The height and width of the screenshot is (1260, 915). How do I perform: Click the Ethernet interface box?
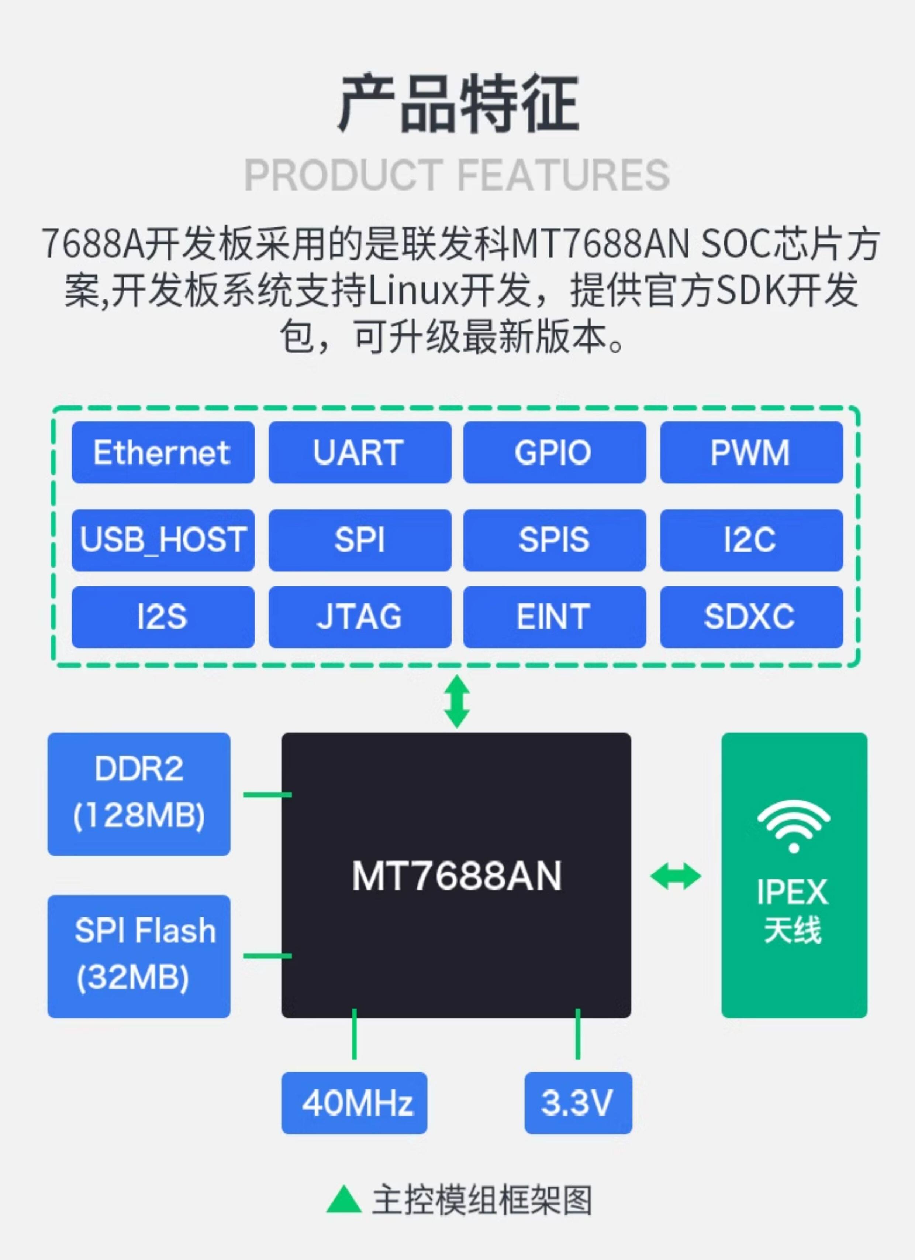(x=163, y=452)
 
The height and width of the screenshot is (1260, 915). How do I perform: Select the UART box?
(x=360, y=452)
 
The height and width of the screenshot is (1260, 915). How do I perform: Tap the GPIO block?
(x=555, y=452)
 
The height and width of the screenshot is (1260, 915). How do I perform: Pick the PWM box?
(x=751, y=452)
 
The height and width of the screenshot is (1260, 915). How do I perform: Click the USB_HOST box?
(x=163, y=540)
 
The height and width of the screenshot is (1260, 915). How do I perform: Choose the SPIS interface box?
(x=555, y=540)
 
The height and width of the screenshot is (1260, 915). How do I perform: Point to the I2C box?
(x=751, y=540)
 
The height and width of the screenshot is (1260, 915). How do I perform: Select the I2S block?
(x=163, y=617)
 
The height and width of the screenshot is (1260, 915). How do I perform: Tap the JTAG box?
(x=360, y=617)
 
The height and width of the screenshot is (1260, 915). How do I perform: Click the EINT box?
(x=555, y=617)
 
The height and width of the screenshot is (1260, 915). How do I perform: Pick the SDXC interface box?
(x=751, y=617)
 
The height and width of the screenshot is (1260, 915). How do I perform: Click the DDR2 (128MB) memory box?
(x=139, y=794)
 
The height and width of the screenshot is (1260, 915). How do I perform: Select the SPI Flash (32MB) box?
(x=139, y=956)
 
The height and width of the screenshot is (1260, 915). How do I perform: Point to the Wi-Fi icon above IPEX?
(x=793, y=826)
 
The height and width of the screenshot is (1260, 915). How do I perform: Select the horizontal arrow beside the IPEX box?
(x=675, y=876)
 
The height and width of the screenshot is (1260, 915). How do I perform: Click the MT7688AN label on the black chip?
(x=456, y=876)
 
